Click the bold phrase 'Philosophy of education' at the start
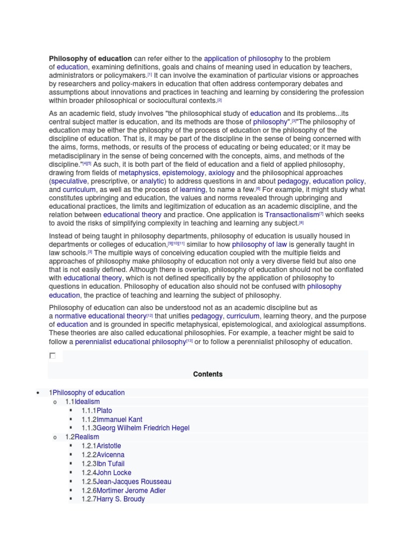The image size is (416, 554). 90,58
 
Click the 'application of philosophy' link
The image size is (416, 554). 243,58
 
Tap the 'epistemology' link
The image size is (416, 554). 184,173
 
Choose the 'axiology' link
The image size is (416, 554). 222,173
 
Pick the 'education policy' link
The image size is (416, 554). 339,181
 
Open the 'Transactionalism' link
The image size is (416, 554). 291,215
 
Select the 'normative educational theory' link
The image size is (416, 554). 101,316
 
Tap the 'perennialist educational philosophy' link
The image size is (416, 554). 130,342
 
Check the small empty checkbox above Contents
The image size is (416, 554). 53,356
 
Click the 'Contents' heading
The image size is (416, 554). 207,374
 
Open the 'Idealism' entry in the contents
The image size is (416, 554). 87,402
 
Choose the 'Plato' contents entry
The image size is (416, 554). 105,411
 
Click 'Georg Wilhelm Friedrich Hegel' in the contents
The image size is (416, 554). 143,428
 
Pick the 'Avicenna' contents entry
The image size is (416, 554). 110,455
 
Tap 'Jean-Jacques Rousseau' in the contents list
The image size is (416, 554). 134,482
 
